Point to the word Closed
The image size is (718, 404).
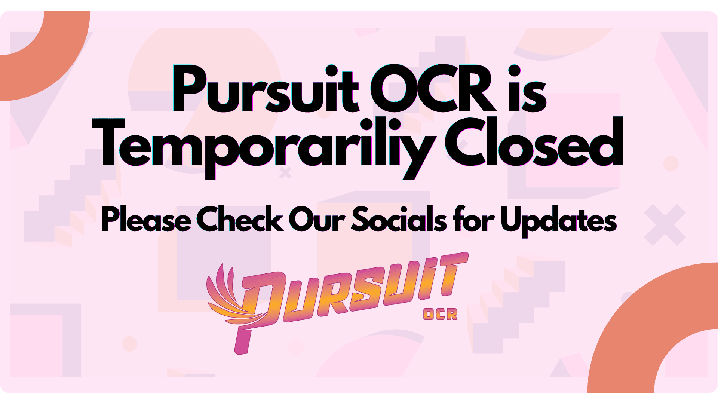[x=534, y=141]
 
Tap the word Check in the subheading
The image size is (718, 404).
[x=240, y=218]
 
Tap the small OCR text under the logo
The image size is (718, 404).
[x=440, y=314]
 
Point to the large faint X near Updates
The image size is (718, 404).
[x=665, y=225]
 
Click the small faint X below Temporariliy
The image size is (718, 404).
[x=285, y=173]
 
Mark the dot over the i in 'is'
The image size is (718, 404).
[x=515, y=71]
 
